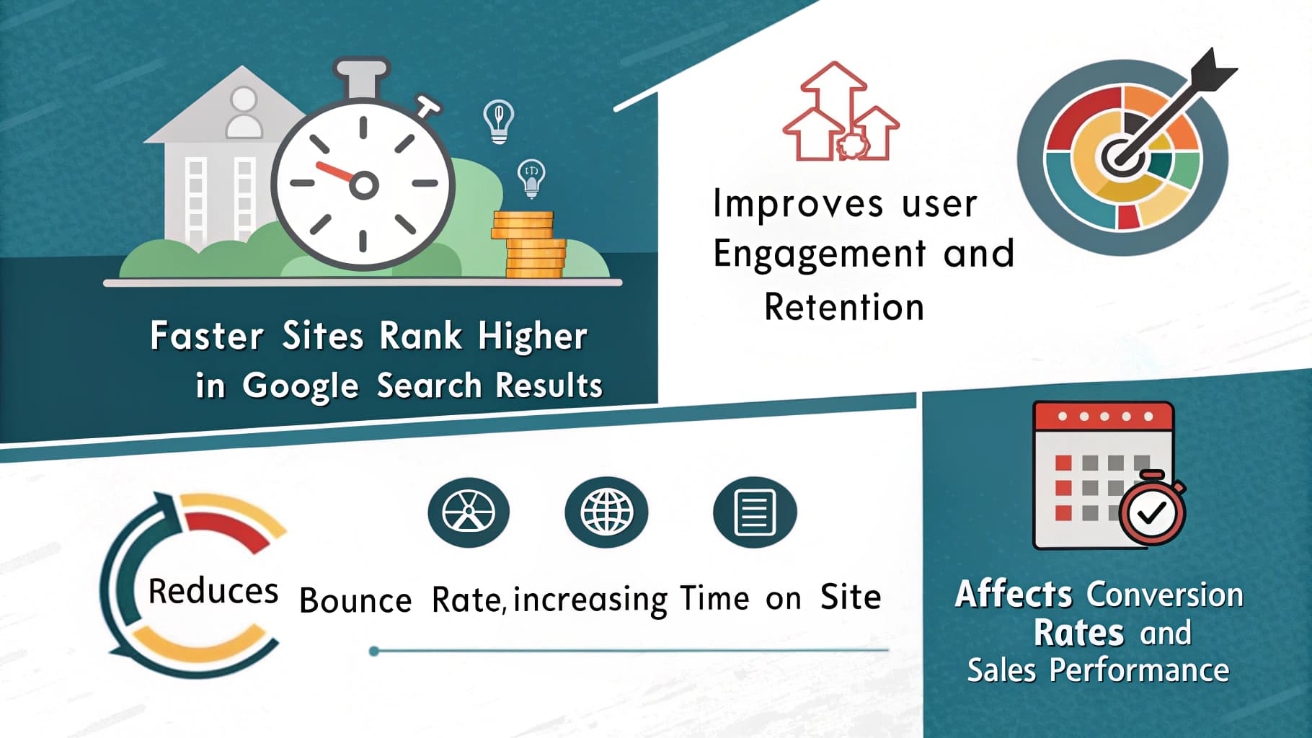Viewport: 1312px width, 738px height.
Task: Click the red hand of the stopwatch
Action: point(334,172)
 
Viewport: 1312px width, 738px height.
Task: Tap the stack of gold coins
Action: point(530,245)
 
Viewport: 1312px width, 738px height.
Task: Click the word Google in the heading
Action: point(300,386)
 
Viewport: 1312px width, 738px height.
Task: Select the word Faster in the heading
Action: point(206,337)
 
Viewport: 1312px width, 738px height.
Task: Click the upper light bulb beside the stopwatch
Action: point(499,120)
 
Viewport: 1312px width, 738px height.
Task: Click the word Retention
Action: point(844,308)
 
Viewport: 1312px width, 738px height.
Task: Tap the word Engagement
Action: point(819,254)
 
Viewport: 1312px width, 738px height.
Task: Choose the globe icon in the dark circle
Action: point(606,512)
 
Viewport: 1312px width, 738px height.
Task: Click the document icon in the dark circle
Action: point(754,512)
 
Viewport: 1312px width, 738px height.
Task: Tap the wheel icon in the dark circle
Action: point(469,512)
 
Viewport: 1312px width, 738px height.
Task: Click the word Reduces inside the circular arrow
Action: point(213,592)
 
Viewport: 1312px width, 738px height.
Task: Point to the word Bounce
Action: point(355,600)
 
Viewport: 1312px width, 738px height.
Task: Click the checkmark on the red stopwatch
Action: point(1151,512)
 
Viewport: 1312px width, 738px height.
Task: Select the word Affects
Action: point(1014,595)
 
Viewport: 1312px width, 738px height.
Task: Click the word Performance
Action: point(1139,670)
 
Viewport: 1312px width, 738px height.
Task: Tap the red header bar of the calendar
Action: point(1104,416)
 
